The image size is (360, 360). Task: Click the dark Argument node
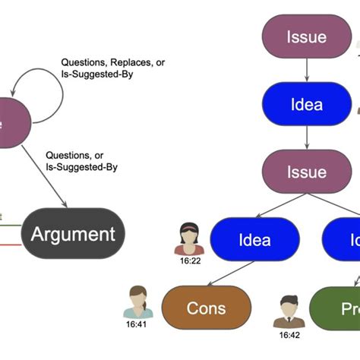coord(72,234)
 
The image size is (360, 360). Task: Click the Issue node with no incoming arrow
coord(306,37)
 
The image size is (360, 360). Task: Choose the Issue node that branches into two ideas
coord(306,172)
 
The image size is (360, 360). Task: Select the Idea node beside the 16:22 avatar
coord(254,240)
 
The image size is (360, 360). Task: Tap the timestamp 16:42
coord(289,334)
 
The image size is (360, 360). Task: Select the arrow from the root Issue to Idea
coord(306,70)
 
